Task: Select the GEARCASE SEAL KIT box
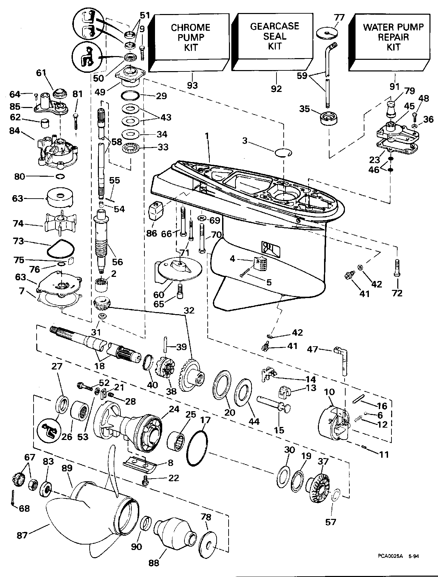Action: pos(274,36)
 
